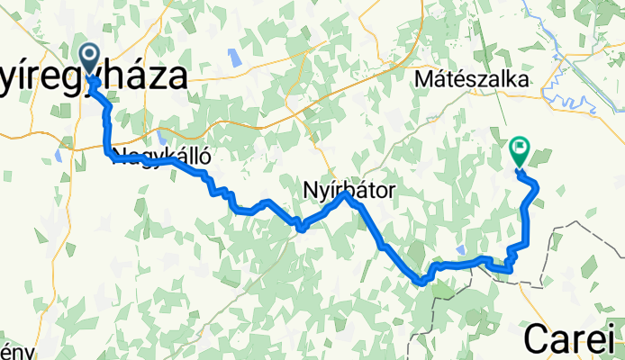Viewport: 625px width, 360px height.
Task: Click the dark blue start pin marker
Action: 90,56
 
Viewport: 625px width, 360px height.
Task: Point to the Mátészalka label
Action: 471,80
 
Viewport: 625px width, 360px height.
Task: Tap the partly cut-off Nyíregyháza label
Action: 95,75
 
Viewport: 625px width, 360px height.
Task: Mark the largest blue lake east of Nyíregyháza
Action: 233,58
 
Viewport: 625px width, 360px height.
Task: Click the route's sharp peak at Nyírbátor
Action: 346,193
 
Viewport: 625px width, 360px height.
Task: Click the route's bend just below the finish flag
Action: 535,184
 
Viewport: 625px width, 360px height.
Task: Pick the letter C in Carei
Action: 537,338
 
